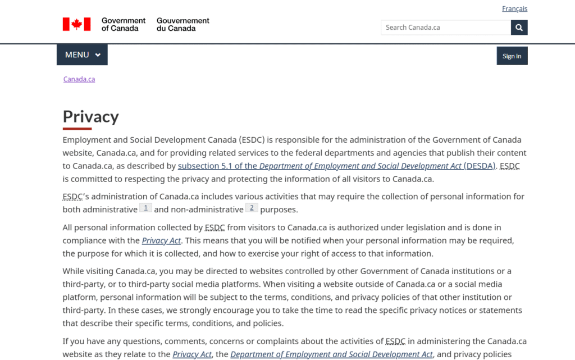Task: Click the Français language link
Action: [514, 8]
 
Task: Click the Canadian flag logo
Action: [76, 24]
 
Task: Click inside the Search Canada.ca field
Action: [445, 28]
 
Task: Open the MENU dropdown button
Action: [82, 55]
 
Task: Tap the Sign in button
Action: [512, 56]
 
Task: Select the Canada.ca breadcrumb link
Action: [79, 79]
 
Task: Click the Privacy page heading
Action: [91, 116]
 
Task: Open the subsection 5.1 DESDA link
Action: [337, 166]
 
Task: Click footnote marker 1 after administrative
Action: [145, 208]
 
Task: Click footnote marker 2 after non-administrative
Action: [252, 208]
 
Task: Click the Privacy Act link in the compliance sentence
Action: [161, 240]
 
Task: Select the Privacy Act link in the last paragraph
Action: [192, 354]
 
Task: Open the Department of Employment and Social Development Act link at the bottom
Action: [331, 354]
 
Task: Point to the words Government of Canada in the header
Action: [124, 24]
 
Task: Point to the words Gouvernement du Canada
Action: [183, 24]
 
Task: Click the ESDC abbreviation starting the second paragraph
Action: [73, 197]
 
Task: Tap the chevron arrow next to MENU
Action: [98, 55]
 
